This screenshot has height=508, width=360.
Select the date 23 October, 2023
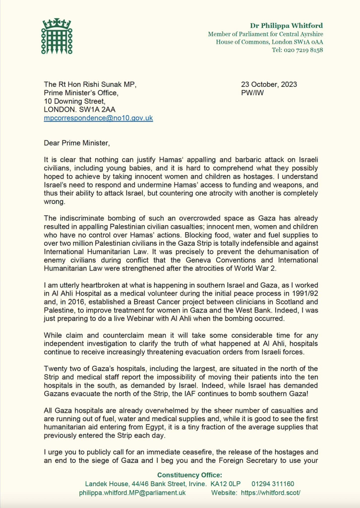tap(269, 84)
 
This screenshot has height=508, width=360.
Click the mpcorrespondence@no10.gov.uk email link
tap(98, 118)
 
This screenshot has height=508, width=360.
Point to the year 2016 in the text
tap(82, 301)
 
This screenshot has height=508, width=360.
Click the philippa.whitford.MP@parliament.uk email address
tap(132, 493)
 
